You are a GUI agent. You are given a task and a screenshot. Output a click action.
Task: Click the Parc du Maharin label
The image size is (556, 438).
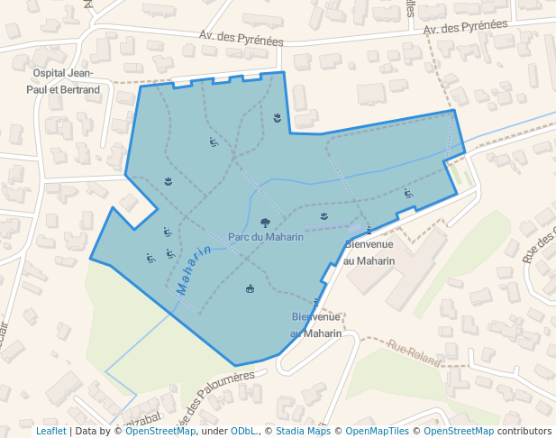pos(266,237)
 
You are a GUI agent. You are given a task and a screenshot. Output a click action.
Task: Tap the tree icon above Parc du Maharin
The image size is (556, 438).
pos(265,222)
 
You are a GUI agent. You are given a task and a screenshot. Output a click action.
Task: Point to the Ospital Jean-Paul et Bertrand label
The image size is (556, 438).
pos(66,81)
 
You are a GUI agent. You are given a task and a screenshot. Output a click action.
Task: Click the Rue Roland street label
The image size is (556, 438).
pos(414,352)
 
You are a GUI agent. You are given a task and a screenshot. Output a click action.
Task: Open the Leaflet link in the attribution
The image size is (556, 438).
pos(50,432)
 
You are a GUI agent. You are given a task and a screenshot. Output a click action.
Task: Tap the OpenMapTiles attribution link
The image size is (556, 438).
pos(378,432)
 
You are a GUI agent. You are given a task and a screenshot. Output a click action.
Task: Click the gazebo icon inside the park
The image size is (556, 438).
pos(250,288)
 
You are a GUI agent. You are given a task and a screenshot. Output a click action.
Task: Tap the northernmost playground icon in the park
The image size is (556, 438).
pos(214,142)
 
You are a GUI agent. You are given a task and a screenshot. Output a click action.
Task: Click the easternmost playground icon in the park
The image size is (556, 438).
pos(408,194)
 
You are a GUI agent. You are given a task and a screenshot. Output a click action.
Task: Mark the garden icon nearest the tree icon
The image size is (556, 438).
pos(324,215)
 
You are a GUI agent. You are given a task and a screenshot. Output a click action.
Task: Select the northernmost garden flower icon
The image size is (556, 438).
pos(277,118)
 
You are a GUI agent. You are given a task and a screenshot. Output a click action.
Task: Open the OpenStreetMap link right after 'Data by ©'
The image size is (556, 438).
pos(160,432)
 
